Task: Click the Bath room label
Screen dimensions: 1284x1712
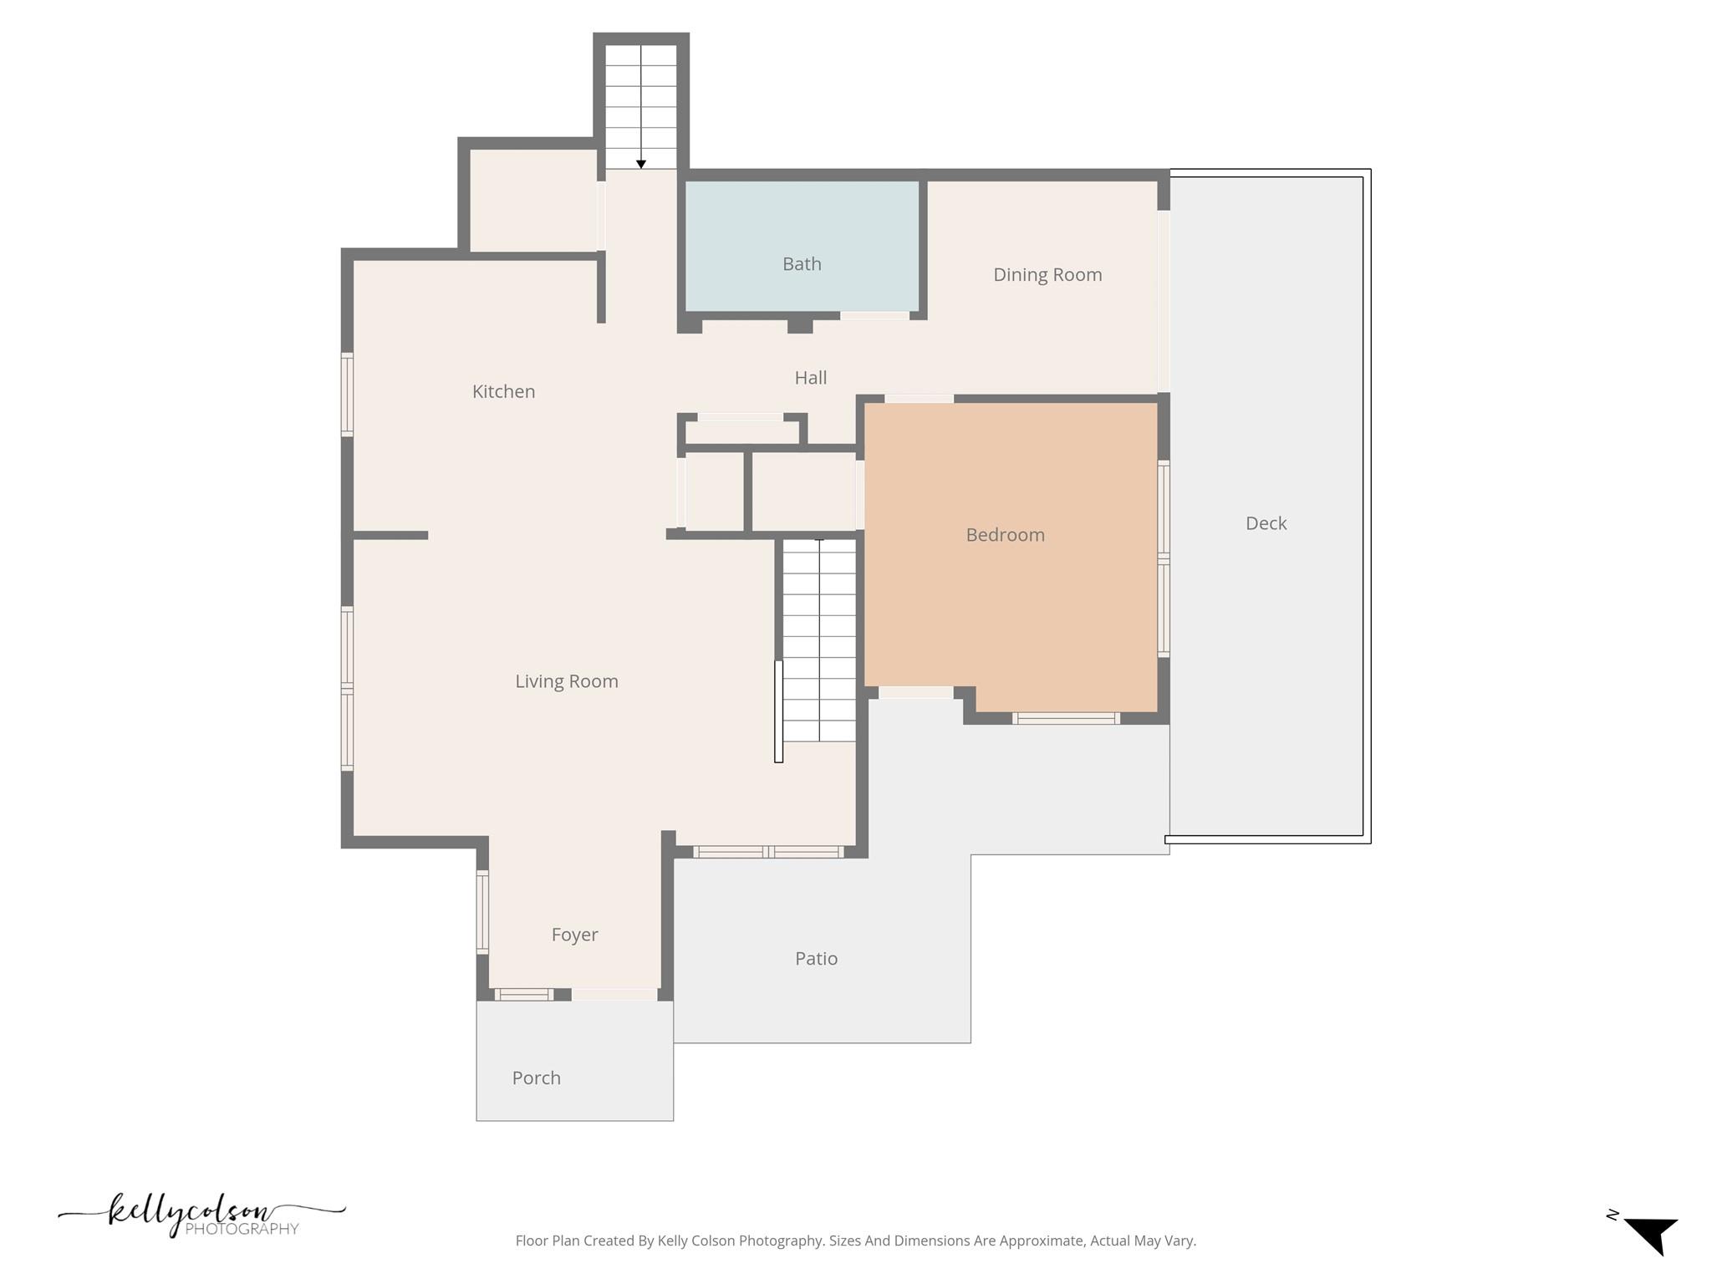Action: tap(802, 264)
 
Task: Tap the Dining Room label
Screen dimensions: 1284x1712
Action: tap(1047, 275)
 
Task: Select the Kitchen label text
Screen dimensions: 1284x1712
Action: tap(503, 391)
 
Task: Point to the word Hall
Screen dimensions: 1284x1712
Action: tap(810, 378)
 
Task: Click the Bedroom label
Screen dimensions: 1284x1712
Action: tap(1005, 535)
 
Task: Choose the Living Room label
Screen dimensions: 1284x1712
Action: tap(566, 681)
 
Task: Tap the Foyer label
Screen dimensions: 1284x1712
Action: tap(574, 935)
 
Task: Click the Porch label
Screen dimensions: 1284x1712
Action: tap(536, 1078)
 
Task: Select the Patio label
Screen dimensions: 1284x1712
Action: tap(816, 959)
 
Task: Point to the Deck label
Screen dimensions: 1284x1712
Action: tap(1266, 523)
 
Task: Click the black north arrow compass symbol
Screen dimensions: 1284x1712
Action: tap(1650, 1234)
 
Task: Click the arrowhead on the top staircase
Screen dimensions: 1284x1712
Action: tap(641, 164)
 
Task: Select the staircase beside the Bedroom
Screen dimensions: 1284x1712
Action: tap(819, 639)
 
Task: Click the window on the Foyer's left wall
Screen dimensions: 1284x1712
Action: tap(482, 912)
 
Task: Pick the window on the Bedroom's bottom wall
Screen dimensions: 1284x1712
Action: tap(1065, 718)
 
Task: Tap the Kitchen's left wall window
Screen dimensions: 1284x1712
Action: tap(347, 394)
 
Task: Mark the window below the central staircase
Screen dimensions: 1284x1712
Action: tap(768, 852)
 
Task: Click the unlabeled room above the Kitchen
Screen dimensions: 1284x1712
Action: tap(532, 201)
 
